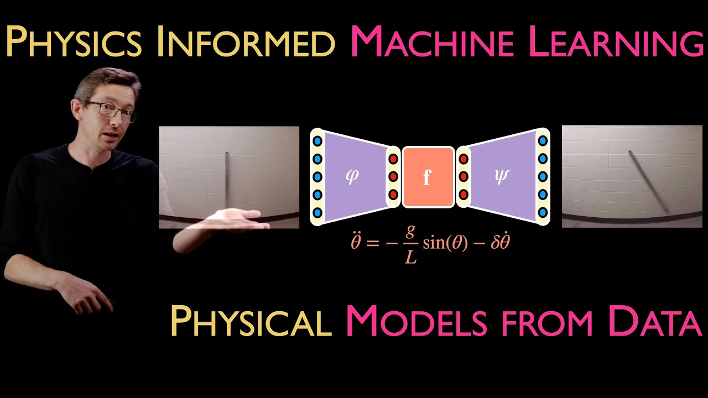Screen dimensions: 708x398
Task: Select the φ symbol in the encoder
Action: click(x=352, y=177)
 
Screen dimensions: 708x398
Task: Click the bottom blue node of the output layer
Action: click(x=543, y=212)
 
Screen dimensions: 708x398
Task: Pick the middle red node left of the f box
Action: click(x=393, y=177)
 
